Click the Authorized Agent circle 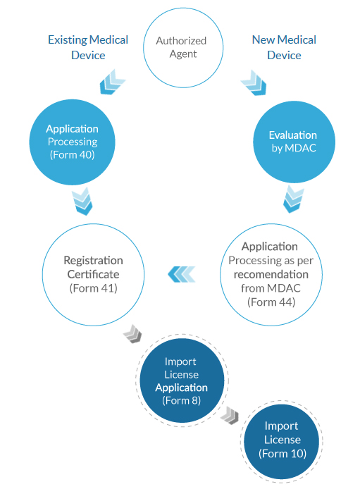pos(181,48)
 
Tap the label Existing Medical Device pos(88,47)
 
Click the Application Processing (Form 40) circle pos(73,142)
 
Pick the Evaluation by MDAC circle pos(293,141)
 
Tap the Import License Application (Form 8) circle pos(181,381)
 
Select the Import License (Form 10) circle pos(281,440)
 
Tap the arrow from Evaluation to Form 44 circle pos(294,199)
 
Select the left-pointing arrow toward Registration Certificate pos(181,273)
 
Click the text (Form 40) pos(73,154)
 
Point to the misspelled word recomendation pos(271,274)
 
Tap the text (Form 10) pos(283,454)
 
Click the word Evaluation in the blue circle pos(293,135)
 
